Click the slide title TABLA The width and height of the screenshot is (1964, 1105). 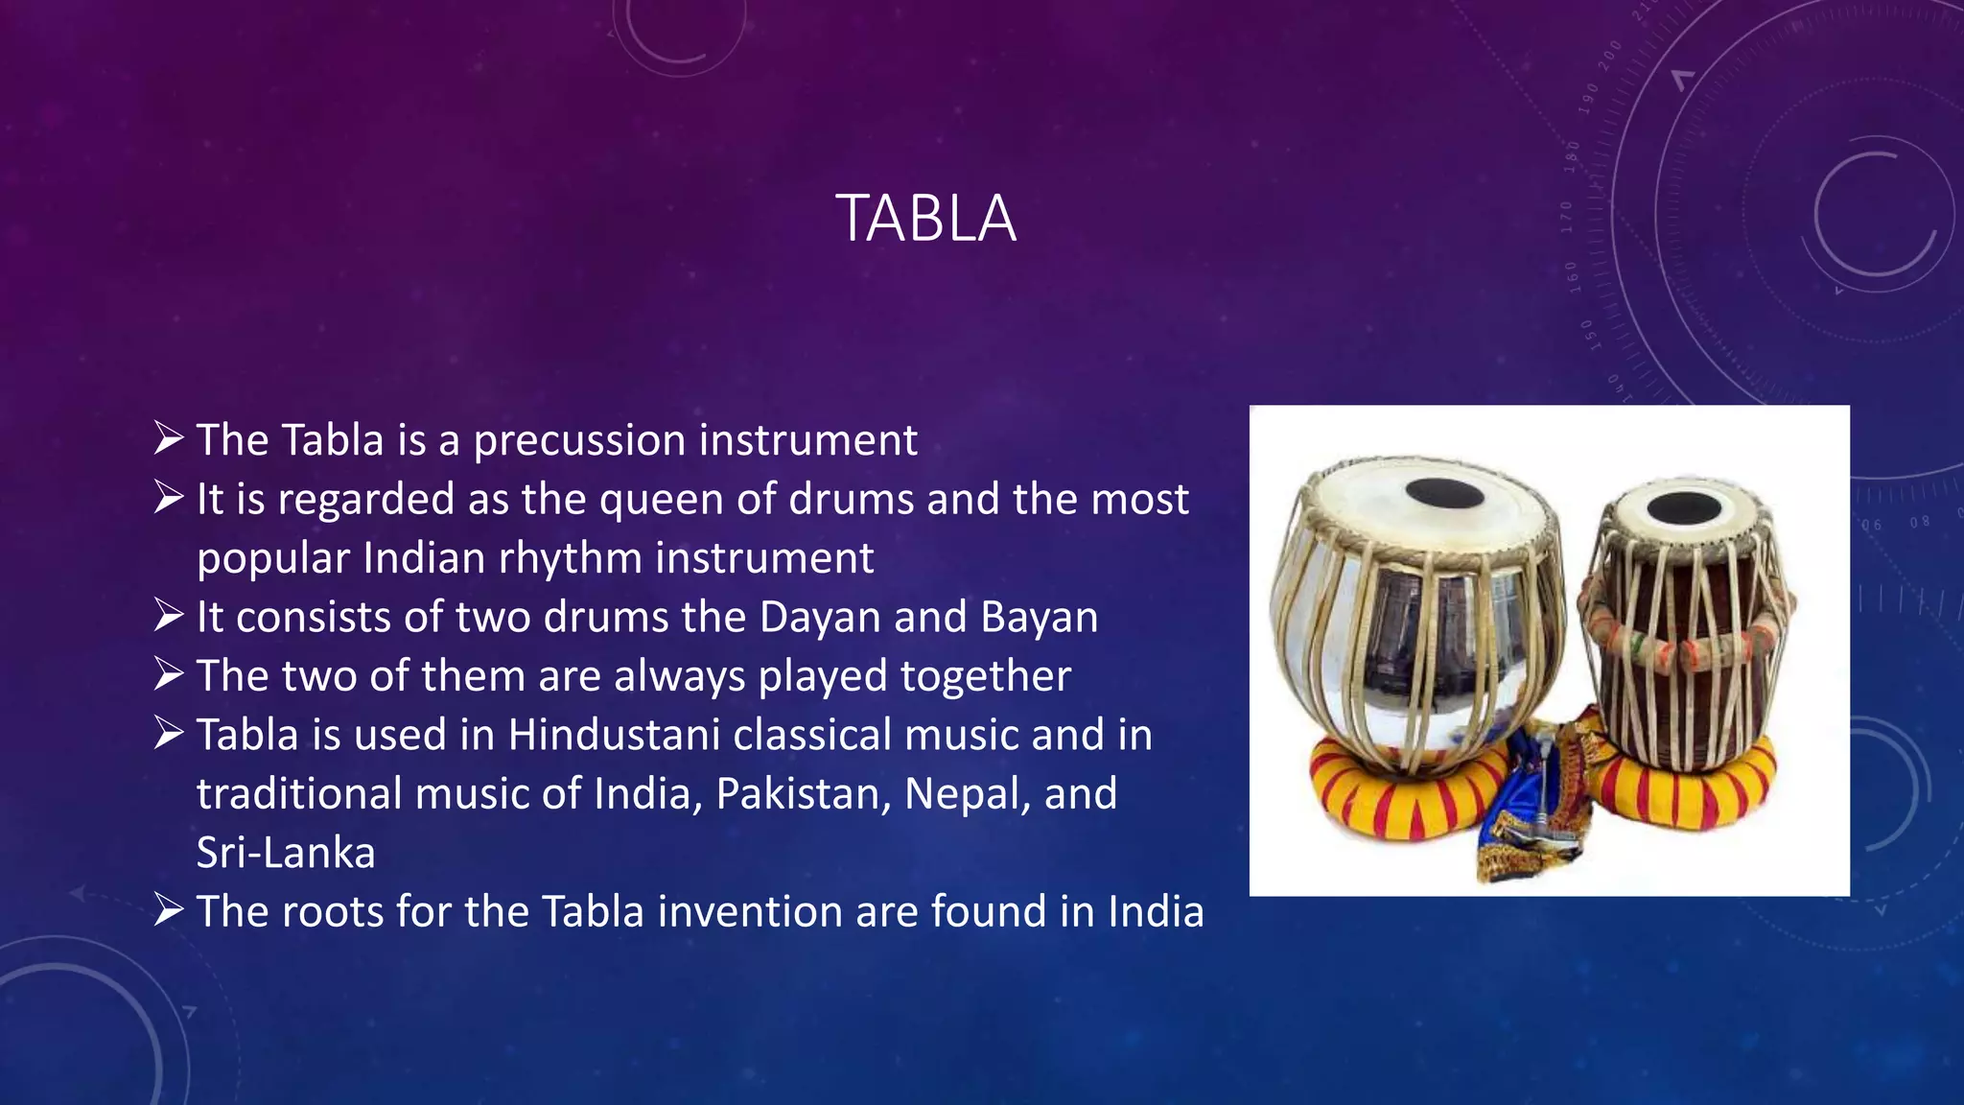click(x=925, y=220)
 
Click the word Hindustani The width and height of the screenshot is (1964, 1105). click(x=613, y=736)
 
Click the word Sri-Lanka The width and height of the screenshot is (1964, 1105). click(x=286, y=854)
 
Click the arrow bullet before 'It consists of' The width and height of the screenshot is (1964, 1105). click(x=169, y=616)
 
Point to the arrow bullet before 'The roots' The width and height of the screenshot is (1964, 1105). click(x=169, y=910)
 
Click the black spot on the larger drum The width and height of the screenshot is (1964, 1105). click(x=1445, y=494)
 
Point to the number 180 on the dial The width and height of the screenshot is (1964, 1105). click(x=1572, y=156)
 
